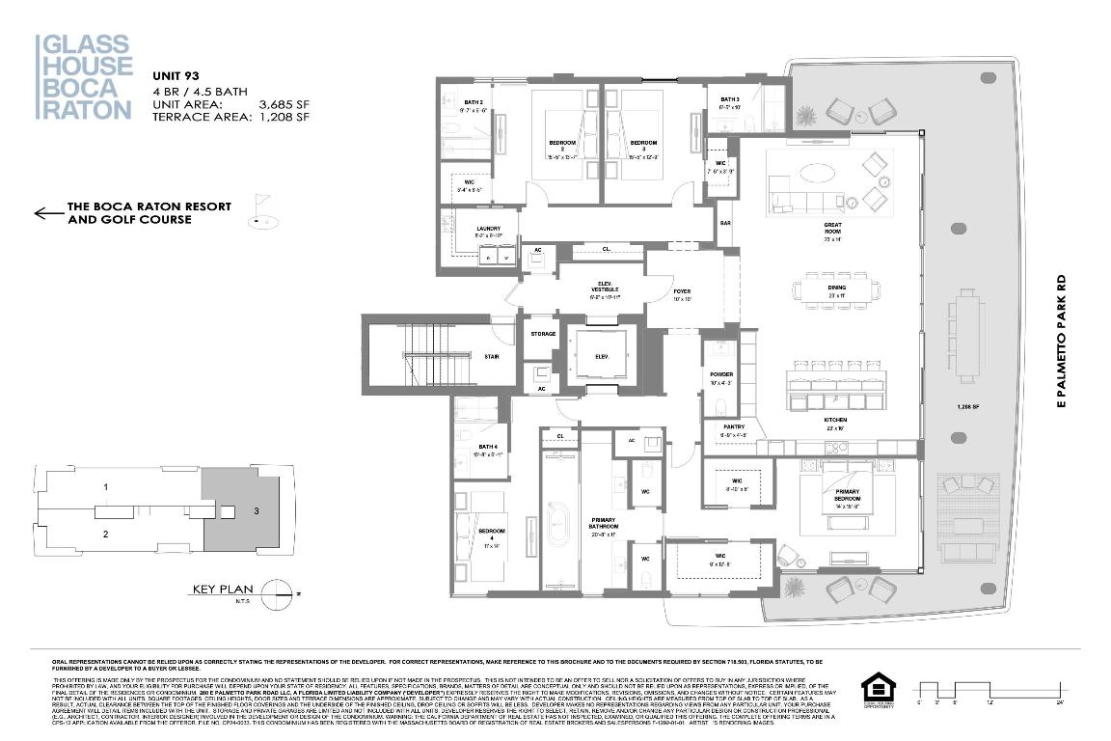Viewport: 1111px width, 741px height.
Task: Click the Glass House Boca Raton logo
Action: click(x=84, y=77)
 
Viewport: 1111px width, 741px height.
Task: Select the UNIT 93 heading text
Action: click(x=176, y=75)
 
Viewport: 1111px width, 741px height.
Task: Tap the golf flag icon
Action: click(x=259, y=211)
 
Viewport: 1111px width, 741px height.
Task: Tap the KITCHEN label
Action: click(x=835, y=421)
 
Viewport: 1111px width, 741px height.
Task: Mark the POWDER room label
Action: click(x=720, y=374)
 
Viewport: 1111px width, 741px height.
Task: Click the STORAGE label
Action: click(x=543, y=334)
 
